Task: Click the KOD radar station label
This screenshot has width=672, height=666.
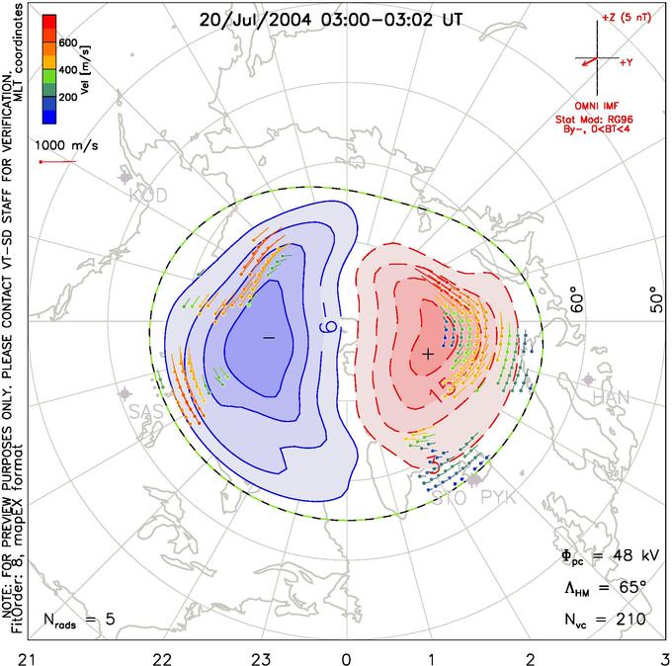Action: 148,196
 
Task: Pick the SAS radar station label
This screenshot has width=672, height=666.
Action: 147,411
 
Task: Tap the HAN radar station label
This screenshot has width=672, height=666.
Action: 610,397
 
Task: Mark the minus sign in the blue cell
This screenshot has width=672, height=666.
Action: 268,338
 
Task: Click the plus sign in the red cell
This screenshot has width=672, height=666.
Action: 428,353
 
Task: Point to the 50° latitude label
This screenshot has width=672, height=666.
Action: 653,298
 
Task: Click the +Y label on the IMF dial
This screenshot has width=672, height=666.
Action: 627,62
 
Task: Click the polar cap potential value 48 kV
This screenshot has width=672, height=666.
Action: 605,555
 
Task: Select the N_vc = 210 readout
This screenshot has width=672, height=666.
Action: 605,620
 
